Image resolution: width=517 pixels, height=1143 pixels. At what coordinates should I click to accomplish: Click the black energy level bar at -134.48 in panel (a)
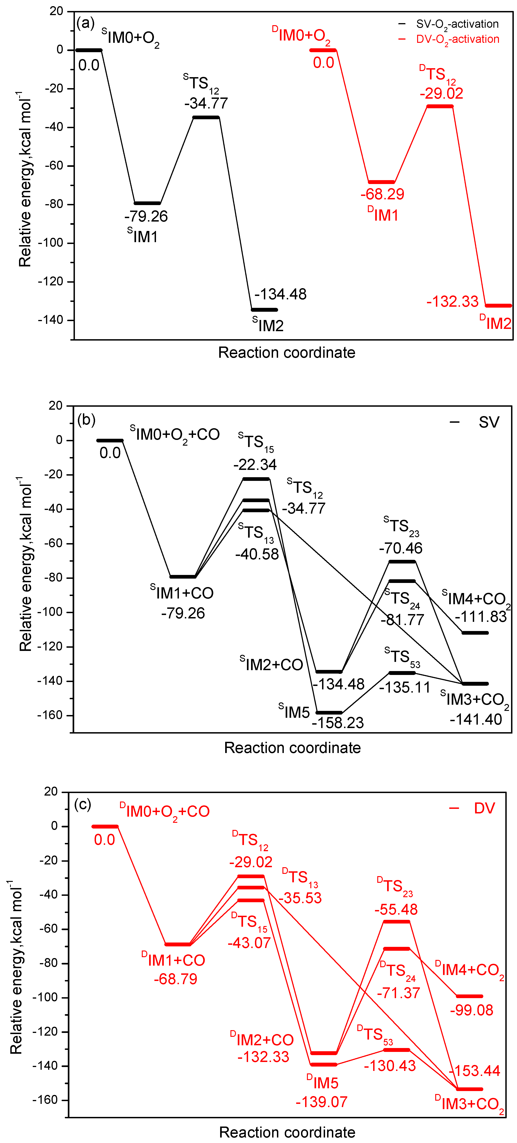264,310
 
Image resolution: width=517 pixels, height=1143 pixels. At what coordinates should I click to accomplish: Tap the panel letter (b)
86,419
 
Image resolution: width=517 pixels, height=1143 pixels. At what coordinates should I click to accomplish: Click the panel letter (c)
83,804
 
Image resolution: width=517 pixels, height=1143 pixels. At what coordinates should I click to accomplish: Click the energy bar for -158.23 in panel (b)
329,712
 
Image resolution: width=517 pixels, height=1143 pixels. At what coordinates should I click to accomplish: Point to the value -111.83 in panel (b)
481,617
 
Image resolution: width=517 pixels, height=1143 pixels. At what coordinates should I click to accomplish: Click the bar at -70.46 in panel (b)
402,562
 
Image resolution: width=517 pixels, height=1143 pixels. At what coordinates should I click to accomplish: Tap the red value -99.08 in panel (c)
471,1010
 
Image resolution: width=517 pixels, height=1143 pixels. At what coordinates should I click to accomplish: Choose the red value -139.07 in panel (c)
322,1102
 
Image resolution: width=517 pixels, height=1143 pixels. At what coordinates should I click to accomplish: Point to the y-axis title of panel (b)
26,563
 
